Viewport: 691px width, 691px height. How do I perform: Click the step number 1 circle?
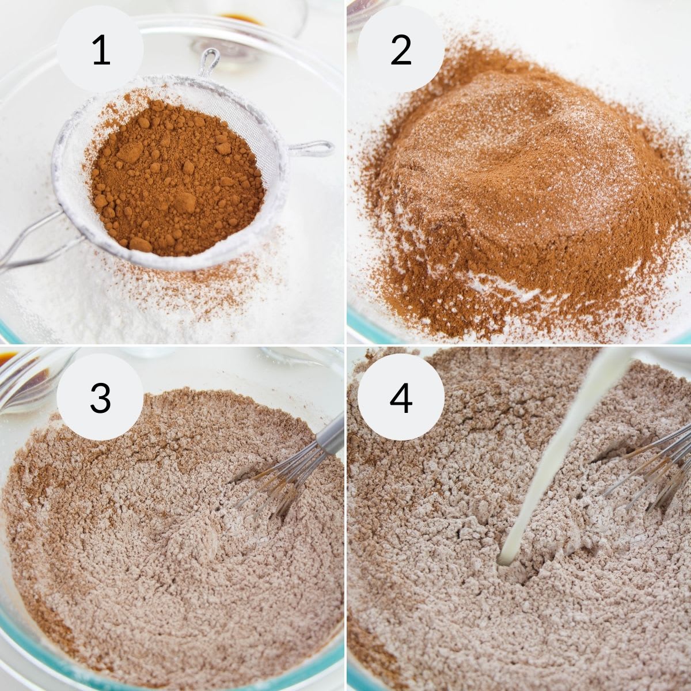(x=100, y=50)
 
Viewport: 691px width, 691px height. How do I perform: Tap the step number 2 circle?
(x=401, y=50)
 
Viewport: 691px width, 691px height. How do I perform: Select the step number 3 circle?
(x=100, y=397)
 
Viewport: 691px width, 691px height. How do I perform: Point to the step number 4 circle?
(x=401, y=397)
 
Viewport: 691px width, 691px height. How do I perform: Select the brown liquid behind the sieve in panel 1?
(x=240, y=18)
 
